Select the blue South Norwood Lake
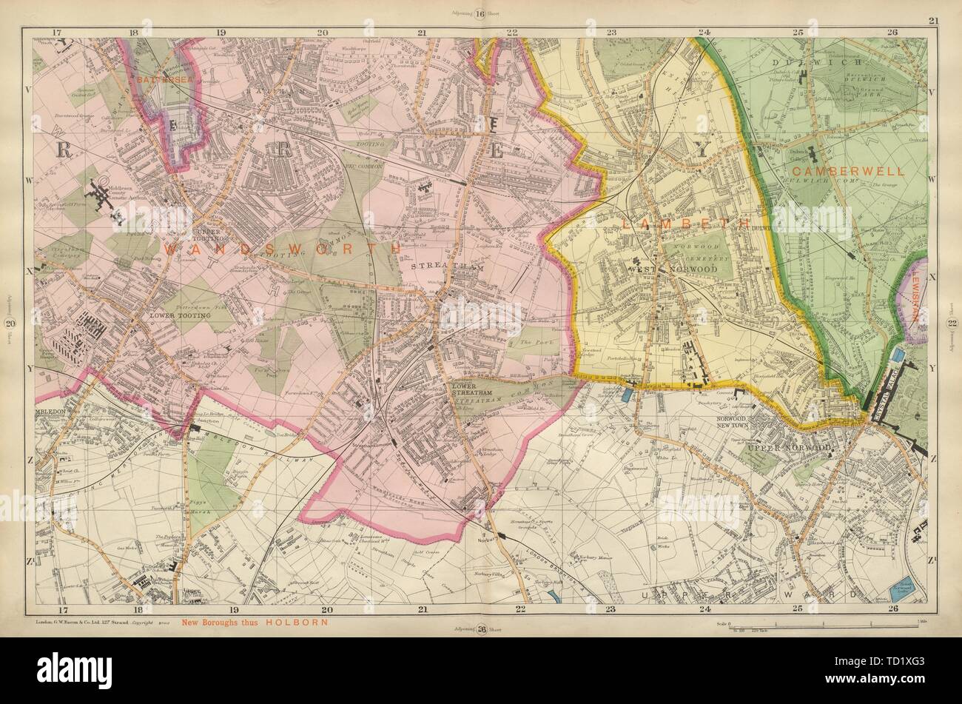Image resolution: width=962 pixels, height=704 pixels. pos(902,593)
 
